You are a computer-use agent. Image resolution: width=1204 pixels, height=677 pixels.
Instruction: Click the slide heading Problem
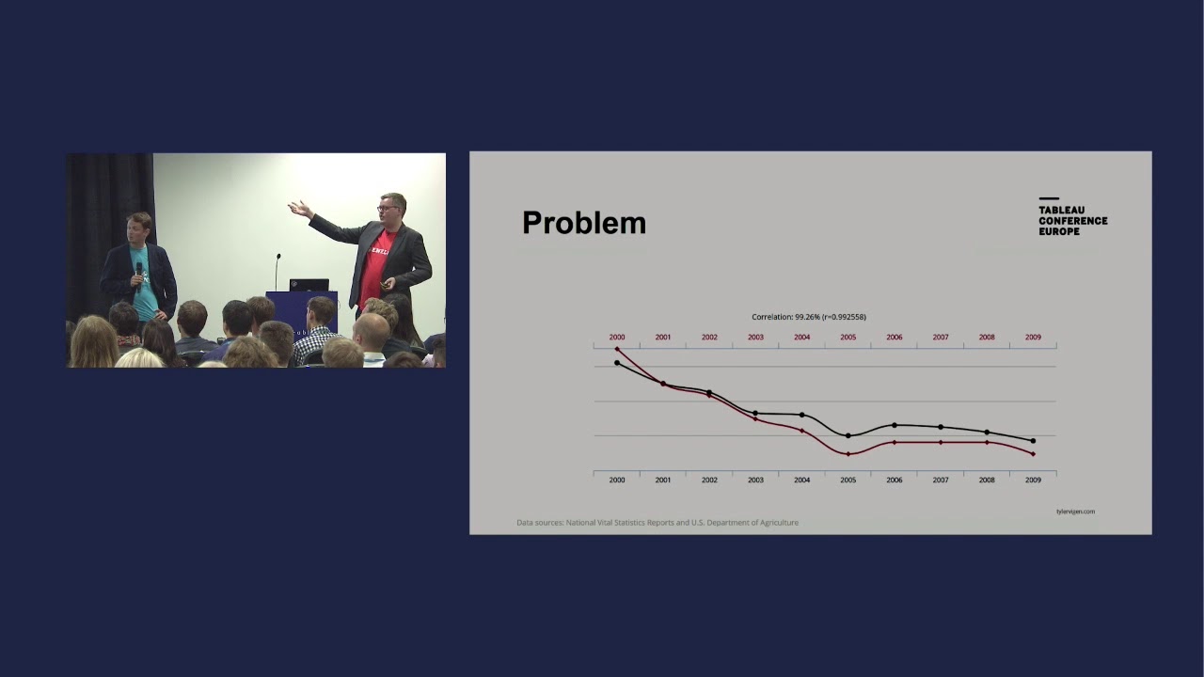tap(583, 223)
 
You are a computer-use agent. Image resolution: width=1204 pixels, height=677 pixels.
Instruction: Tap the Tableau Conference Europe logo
tap(1072, 217)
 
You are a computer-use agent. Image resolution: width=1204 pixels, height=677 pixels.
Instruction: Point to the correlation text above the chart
tap(809, 317)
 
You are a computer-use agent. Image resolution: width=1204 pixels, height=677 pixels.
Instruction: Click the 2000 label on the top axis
tap(617, 337)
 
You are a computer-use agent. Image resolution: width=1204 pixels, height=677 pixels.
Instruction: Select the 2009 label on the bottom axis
tap(1033, 480)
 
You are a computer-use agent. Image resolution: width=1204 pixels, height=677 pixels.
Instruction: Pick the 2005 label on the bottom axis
tap(848, 480)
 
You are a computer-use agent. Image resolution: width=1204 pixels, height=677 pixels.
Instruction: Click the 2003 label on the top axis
tap(755, 337)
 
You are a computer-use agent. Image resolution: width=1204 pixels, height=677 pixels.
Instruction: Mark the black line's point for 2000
tap(617, 363)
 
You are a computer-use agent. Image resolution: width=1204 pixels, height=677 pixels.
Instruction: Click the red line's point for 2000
tap(617, 349)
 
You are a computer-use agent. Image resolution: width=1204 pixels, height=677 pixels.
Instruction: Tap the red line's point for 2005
tap(848, 454)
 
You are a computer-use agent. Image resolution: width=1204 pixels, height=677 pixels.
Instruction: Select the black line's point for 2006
tap(894, 425)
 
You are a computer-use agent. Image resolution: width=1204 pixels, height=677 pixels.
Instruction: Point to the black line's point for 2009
tap(1033, 440)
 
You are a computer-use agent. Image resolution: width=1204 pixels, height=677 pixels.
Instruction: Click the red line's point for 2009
tap(1033, 454)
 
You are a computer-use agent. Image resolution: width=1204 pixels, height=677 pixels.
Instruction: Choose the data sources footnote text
tap(657, 522)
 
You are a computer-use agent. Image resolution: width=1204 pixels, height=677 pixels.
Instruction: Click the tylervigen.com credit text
tap(1075, 512)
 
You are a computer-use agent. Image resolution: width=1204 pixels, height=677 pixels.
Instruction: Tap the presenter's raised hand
tap(299, 209)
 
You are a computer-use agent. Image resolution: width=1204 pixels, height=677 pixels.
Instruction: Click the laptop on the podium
tap(309, 284)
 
